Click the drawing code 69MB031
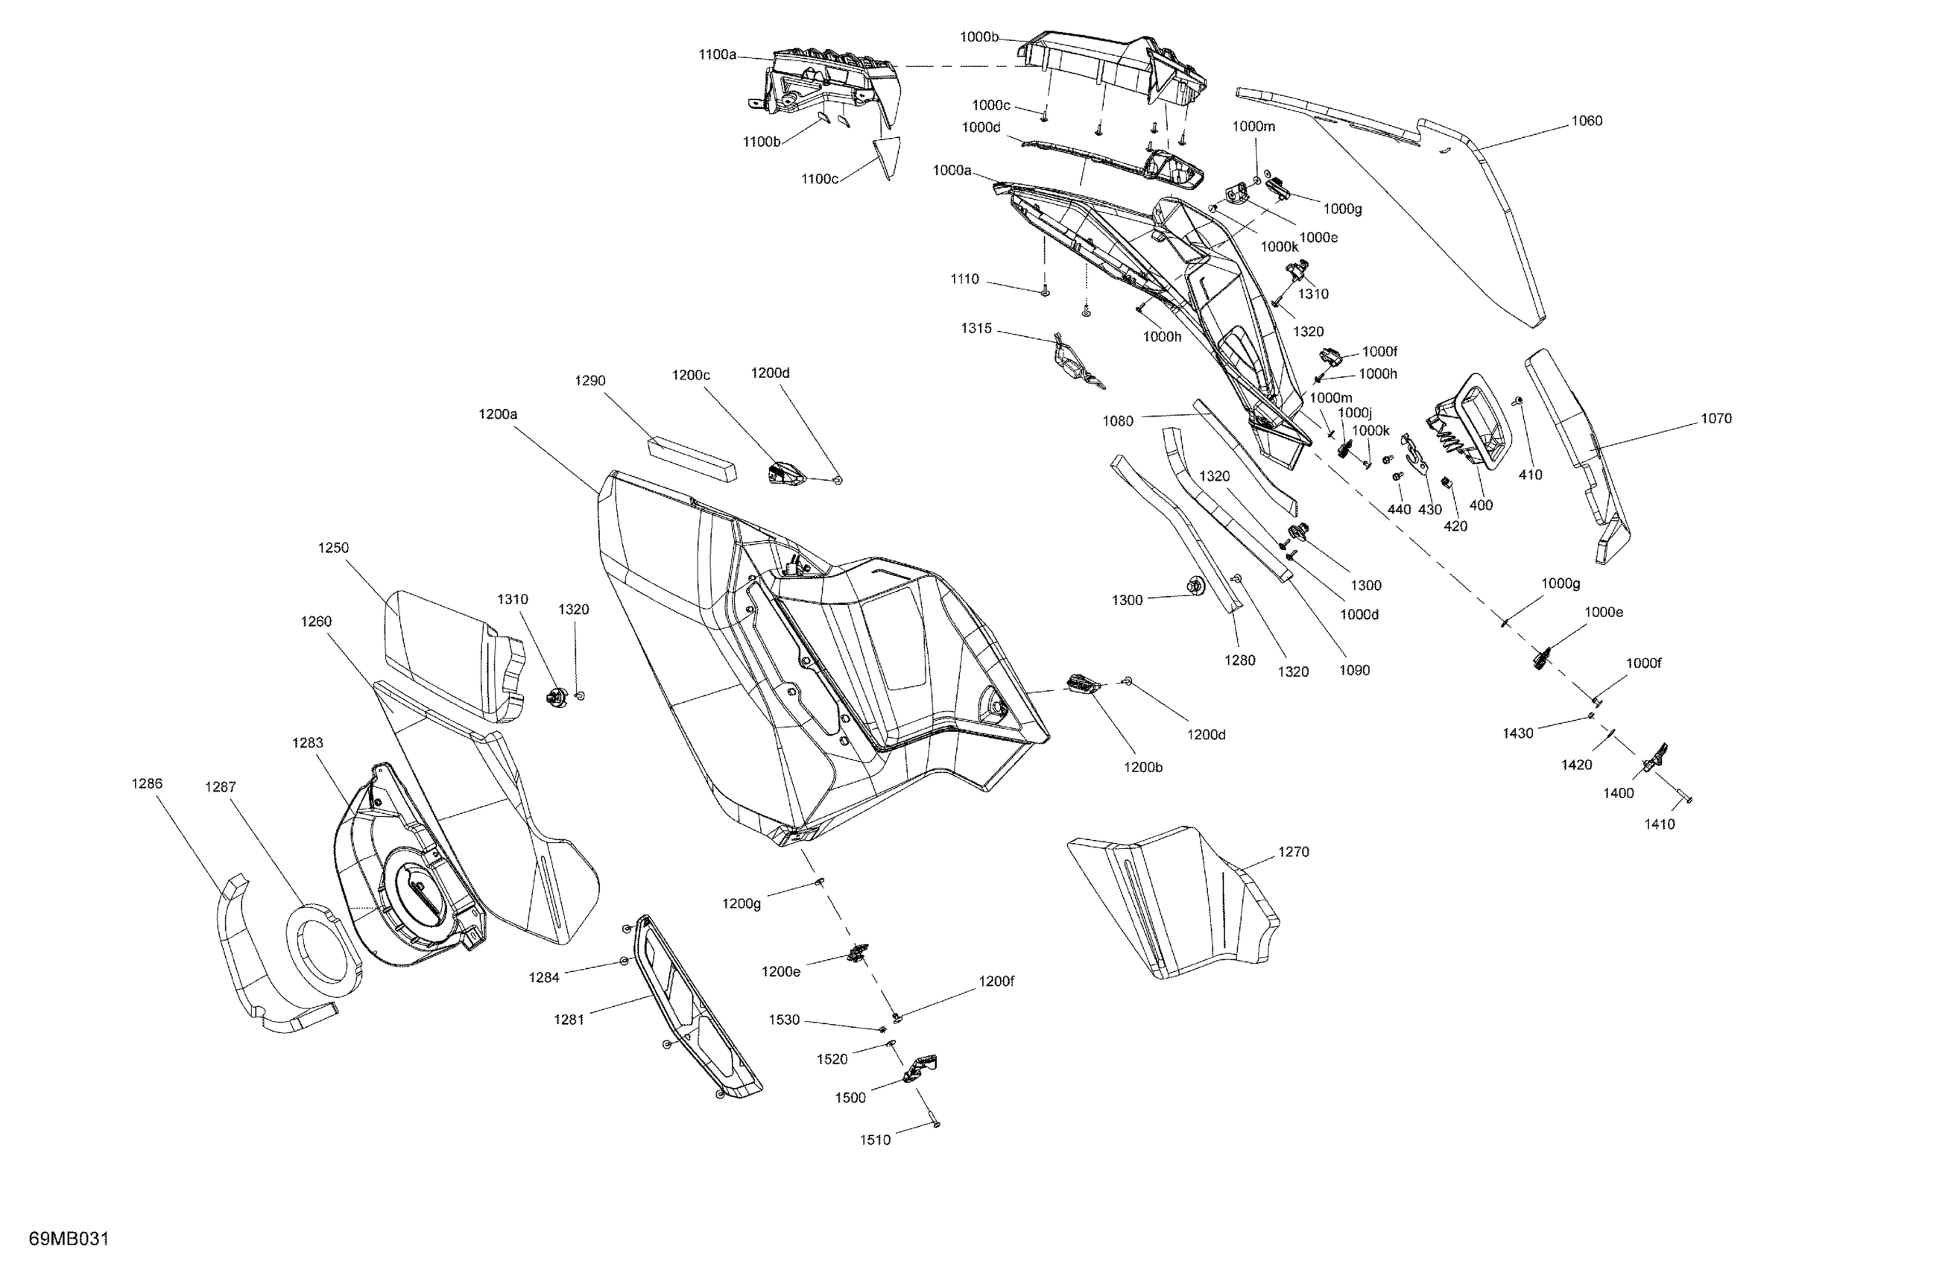click(69, 1238)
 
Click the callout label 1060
click(1586, 121)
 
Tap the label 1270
click(1293, 853)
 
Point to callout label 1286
click(147, 783)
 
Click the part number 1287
click(220, 786)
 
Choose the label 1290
click(589, 381)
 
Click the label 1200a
click(498, 414)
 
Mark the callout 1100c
click(819, 179)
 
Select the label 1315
click(976, 329)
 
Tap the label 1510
click(874, 1140)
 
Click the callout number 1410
click(1658, 824)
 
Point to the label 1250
click(333, 548)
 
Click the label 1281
click(568, 1020)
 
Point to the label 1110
click(964, 279)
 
